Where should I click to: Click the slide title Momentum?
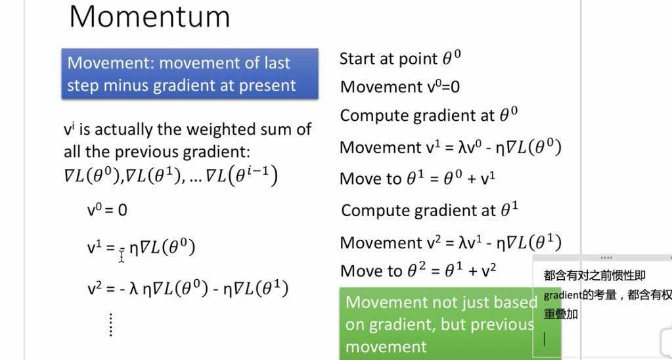click(x=150, y=16)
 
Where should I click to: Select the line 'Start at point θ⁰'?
click(x=400, y=58)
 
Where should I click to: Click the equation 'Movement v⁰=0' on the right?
click(x=400, y=87)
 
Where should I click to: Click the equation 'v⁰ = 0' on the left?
click(x=107, y=210)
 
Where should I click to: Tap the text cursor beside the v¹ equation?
click(x=122, y=256)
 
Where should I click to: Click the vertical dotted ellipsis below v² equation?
click(x=110, y=325)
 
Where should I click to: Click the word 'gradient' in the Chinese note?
click(x=559, y=295)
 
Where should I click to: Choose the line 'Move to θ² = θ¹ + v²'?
click(x=418, y=271)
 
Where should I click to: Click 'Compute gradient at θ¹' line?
click(x=430, y=210)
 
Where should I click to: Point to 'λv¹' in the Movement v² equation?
click(x=476, y=242)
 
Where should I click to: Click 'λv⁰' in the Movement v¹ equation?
click(x=476, y=148)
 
